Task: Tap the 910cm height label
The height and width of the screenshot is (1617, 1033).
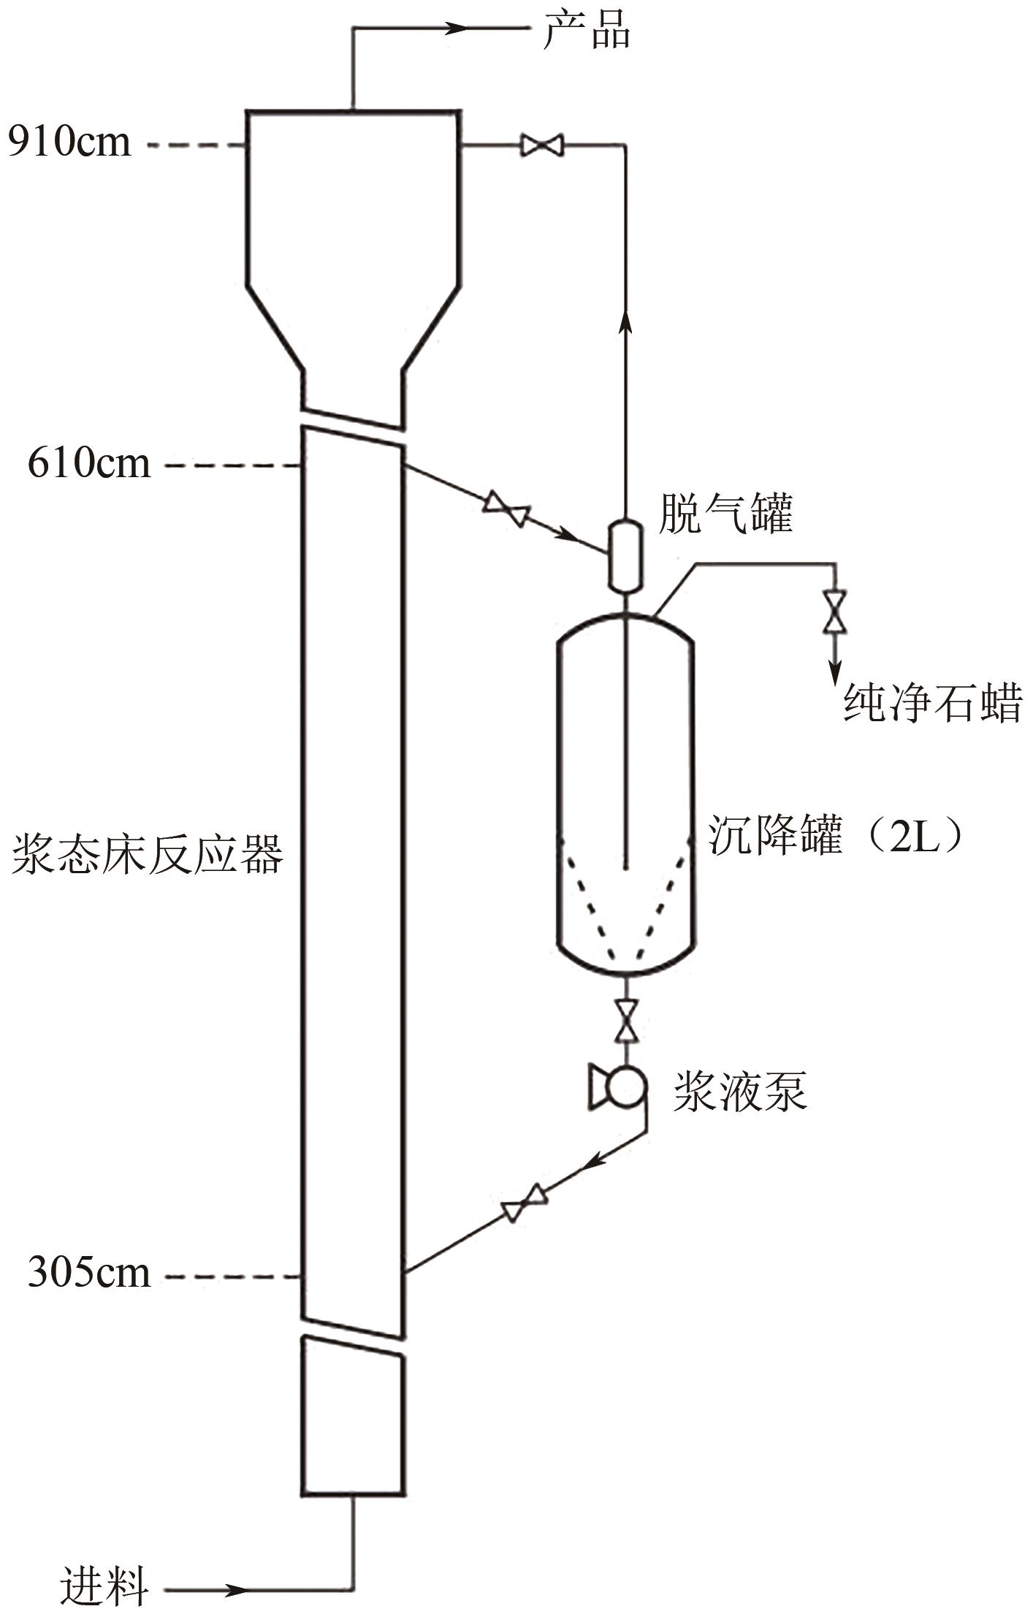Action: coord(70,142)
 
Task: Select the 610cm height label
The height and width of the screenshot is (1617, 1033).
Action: coord(89,463)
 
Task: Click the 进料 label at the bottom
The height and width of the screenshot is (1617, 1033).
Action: coord(104,1586)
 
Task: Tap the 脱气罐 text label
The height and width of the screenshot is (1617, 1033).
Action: coord(725,514)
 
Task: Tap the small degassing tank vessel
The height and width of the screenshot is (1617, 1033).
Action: coord(625,555)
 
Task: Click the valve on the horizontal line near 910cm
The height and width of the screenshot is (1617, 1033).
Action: coord(541,145)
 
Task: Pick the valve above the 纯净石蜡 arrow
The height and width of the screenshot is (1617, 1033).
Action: coord(834,612)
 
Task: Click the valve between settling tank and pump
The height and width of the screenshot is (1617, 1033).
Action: coord(626,1020)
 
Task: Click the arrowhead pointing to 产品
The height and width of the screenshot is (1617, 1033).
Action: coord(457,28)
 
